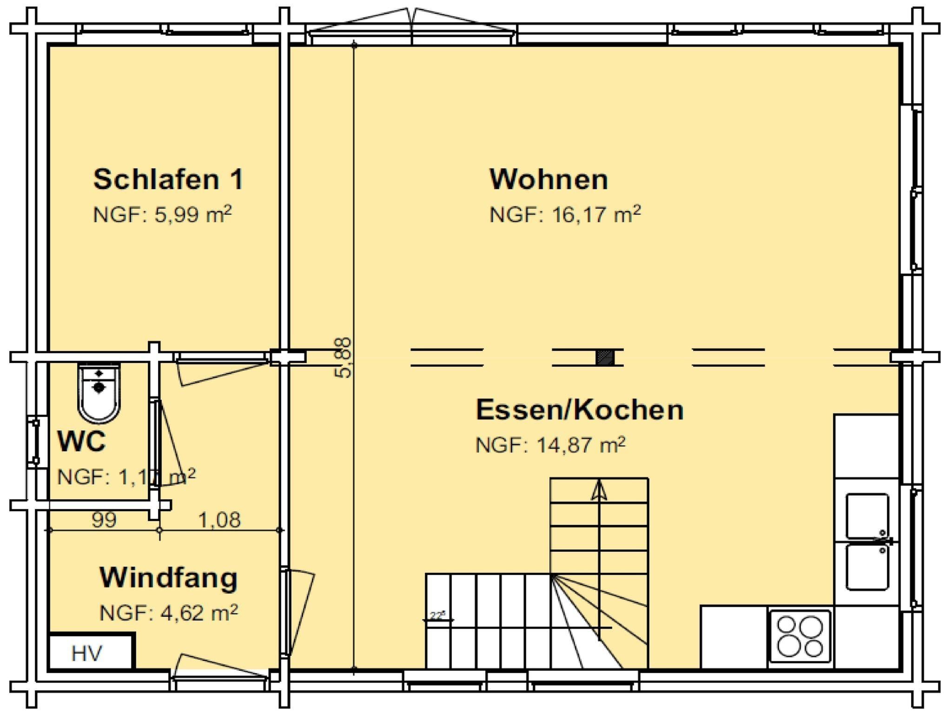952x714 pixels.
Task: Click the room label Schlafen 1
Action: (x=168, y=179)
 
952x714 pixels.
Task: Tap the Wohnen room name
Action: (x=549, y=179)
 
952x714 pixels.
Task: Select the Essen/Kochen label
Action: (x=580, y=410)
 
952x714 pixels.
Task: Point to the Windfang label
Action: (x=168, y=578)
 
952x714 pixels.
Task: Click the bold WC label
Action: (x=81, y=441)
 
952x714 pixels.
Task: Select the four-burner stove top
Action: (x=800, y=635)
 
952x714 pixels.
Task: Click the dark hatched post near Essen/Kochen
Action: (x=605, y=357)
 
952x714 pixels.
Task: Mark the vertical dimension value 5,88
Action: (x=344, y=357)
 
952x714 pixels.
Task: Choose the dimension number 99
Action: (x=104, y=519)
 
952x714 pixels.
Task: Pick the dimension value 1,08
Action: (x=219, y=519)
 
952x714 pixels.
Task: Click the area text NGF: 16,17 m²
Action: (x=565, y=215)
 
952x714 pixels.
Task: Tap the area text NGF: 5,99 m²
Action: (x=162, y=215)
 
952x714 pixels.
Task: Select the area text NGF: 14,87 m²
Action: (x=550, y=445)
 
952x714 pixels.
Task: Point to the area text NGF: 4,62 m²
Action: (x=168, y=613)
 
